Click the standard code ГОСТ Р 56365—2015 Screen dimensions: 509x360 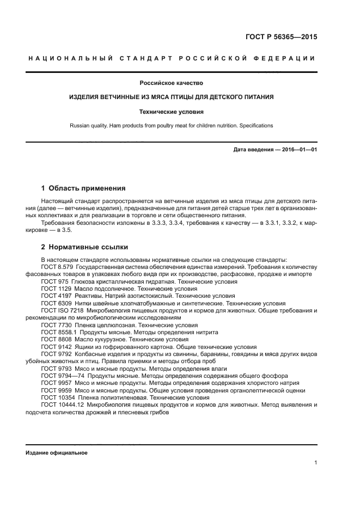point(280,38)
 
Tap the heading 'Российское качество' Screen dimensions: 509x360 point(171,83)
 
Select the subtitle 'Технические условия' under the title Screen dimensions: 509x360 point(171,112)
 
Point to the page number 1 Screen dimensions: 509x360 point(316,463)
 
